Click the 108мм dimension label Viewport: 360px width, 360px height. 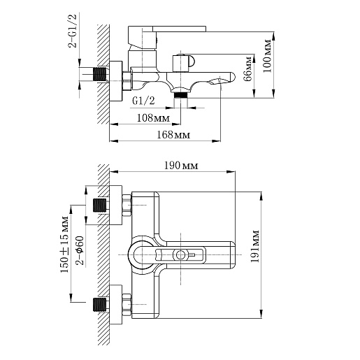point(153,118)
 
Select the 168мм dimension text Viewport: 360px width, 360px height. point(173,135)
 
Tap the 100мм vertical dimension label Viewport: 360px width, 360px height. point(268,56)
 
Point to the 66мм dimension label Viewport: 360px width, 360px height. point(247,69)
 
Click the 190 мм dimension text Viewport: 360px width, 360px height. point(181,166)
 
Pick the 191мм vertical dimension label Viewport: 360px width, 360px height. point(255,246)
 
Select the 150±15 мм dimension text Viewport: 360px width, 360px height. point(64,245)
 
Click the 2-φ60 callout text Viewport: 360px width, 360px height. point(80,250)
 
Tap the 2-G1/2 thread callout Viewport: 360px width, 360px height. point(72,31)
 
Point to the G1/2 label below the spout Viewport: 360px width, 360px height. point(143,101)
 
